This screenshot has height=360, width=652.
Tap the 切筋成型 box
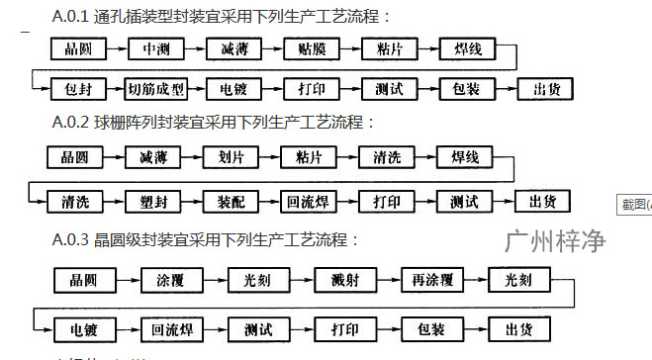(x=155, y=89)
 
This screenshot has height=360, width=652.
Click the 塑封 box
(x=154, y=201)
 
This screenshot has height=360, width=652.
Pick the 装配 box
(x=232, y=201)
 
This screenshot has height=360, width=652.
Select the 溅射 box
(x=340, y=281)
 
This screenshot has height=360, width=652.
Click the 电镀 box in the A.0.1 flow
(x=233, y=89)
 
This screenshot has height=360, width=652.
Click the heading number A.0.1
(x=71, y=17)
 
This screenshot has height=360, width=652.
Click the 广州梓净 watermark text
(x=554, y=240)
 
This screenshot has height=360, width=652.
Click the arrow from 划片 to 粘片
(x=271, y=158)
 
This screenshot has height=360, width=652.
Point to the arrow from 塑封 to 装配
(x=193, y=201)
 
